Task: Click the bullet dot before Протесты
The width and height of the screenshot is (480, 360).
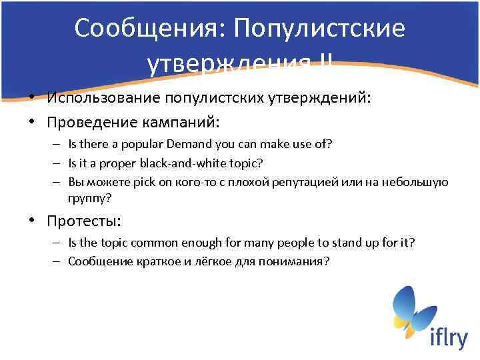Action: pyautogui.click(x=32, y=221)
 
